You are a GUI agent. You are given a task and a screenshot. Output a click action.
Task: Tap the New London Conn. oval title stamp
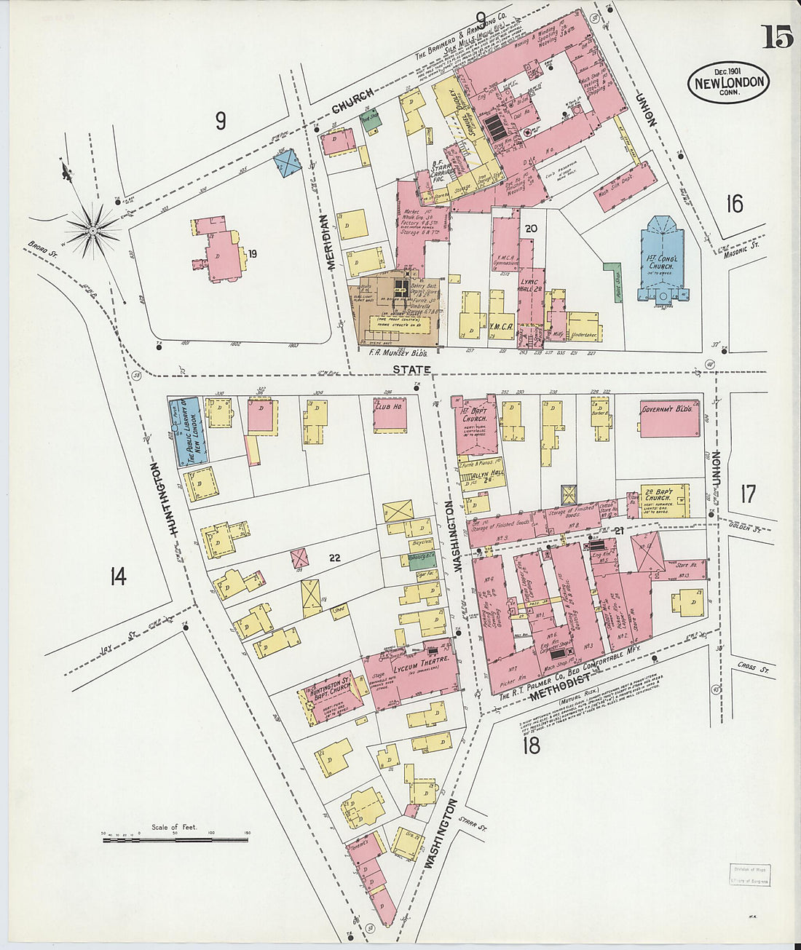click(728, 82)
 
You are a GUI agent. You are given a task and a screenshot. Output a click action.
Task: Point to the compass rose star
click(92, 231)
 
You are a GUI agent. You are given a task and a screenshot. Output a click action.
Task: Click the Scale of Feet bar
click(175, 840)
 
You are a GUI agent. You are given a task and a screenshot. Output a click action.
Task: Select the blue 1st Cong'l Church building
click(662, 258)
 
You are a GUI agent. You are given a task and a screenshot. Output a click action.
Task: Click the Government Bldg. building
click(670, 419)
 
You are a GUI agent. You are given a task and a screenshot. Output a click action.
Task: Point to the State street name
click(412, 369)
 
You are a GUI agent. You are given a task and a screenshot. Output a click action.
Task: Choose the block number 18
click(532, 745)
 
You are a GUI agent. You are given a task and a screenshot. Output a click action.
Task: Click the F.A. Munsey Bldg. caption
click(399, 353)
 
